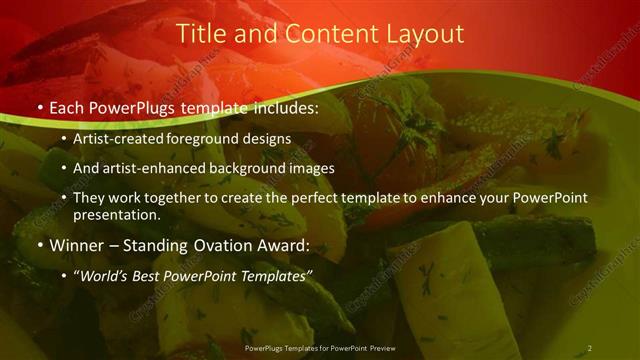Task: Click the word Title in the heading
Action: point(198,34)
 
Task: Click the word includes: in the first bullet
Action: point(284,105)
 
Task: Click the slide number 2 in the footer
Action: point(589,348)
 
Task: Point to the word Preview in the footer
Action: point(379,348)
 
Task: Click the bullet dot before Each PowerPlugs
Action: point(39,106)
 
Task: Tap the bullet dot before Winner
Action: point(39,246)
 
